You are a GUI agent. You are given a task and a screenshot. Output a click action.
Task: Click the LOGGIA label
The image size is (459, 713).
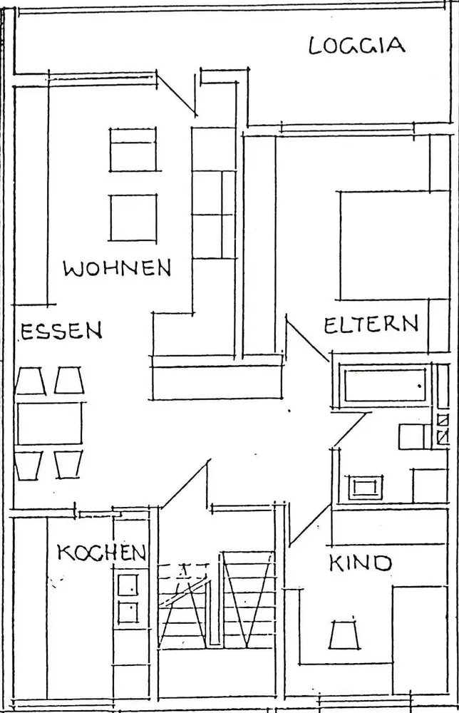[x=357, y=45]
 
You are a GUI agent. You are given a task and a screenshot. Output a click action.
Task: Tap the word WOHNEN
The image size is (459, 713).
[x=118, y=269]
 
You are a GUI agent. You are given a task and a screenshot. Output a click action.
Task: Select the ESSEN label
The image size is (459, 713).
[x=61, y=331]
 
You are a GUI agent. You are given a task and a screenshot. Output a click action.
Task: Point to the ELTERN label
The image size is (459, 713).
[x=371, y=325]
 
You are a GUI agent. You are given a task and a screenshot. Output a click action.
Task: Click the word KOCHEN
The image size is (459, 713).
[x=102, y=553]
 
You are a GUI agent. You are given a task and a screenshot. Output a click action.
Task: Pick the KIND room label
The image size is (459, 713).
[x=360, y=564]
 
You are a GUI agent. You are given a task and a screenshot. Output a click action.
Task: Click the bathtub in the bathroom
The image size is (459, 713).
[x=384, y=385]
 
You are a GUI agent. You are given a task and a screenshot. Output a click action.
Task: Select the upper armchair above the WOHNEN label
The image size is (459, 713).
[x=133, y=150]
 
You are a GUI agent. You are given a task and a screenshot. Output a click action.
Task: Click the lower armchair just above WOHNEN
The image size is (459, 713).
[x=133, y=218]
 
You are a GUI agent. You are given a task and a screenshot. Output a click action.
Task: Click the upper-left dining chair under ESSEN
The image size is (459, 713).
[x=31, y=381]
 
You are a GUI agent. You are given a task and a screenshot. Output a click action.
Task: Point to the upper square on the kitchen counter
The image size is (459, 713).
[x=128, y=585]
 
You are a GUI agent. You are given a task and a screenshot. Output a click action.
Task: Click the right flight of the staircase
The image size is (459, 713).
[x=248, y=599]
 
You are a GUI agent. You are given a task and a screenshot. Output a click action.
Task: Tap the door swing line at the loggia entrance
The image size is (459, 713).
[x=179, y=93]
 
